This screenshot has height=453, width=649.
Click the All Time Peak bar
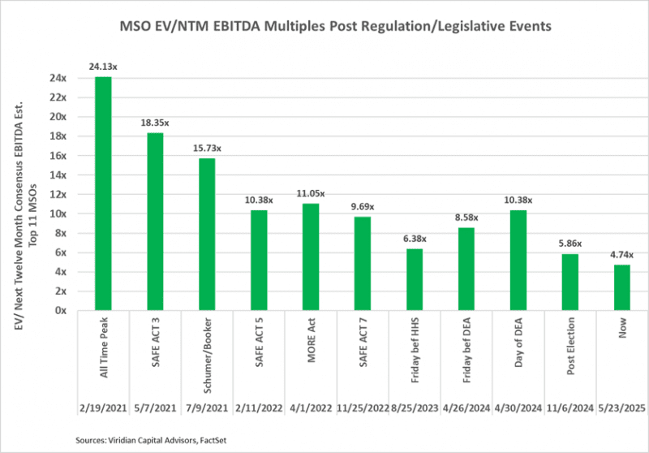tap(103, 193)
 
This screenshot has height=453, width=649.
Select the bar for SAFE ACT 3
tap(155, 221)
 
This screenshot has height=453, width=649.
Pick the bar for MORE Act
tap(311, 257)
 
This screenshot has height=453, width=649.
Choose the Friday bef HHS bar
tap(415, 279)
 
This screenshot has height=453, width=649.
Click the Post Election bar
tap(570, 282)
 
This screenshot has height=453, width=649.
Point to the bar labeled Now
tap(622, 287)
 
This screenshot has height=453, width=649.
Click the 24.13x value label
tap(103, 67)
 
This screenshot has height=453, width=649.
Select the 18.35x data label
tap(155, 123)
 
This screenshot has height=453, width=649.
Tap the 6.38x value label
tap(415, 239)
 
